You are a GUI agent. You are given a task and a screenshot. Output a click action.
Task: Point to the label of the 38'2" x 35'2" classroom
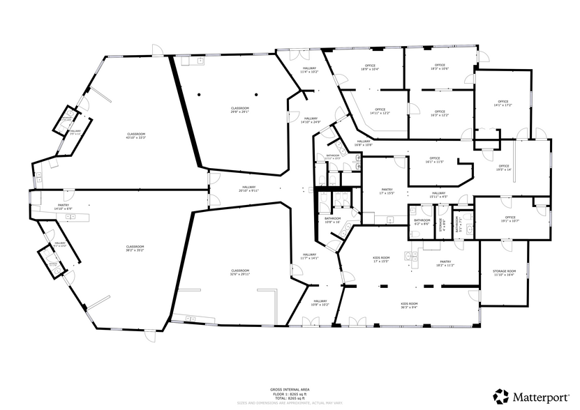(135, 248)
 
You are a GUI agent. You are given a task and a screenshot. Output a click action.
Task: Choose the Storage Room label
(504, 273)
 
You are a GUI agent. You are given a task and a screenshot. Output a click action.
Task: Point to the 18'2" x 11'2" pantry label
(445, 264)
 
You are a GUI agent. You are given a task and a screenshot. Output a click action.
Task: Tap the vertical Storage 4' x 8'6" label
(440, 225)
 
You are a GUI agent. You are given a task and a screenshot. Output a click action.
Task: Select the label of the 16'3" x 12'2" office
(440, 113)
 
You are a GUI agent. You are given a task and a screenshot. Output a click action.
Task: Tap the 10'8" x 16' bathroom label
(332, 220)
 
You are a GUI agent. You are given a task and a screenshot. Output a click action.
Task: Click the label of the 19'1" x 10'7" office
(510, 219)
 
